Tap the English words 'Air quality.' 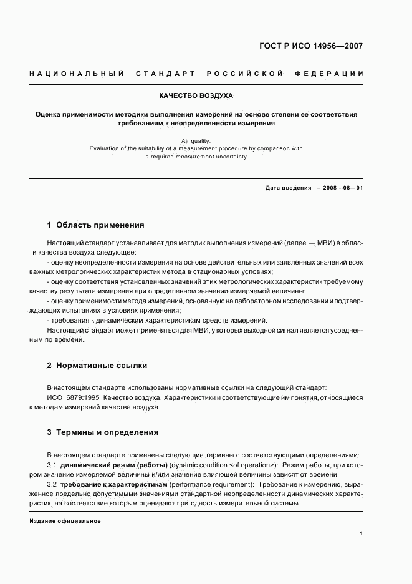[196, 141]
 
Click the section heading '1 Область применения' [95, 225]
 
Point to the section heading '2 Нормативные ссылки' [97, 365]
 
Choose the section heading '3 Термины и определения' [103, 432]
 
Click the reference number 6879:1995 [84, 397]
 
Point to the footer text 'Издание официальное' [65, 520]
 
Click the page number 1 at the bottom [361, 533]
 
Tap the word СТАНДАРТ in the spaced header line [165, 74]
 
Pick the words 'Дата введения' [288, 188]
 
